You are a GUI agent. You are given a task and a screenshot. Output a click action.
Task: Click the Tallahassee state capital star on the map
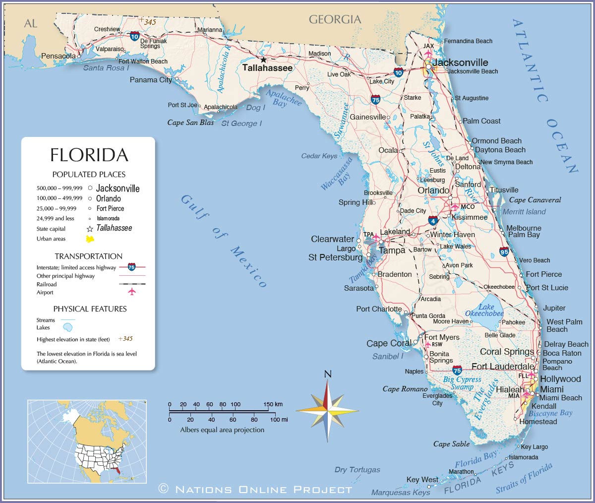click(263, 60)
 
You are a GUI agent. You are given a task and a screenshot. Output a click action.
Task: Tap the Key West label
click(422, 479)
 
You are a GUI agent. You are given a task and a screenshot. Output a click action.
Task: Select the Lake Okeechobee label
click(484, 310)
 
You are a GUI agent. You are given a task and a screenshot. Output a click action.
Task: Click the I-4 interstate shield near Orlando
click(433, 221)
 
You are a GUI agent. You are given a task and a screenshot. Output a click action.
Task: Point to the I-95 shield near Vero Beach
click(504, 251)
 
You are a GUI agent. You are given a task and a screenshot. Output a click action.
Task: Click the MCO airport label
click(467, 207)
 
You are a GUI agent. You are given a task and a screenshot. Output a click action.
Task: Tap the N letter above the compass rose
click(327, 374)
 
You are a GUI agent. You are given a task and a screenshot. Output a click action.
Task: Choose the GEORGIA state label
click(335, 19)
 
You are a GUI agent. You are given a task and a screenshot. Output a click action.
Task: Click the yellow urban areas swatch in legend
click(90, 239)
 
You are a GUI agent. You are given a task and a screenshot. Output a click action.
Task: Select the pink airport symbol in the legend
click(131, 292)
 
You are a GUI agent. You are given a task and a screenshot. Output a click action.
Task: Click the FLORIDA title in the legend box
click(89, 155)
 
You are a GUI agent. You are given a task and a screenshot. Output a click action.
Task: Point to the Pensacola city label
click(58, 56)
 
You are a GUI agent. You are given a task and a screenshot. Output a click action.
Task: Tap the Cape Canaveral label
click(535, 200)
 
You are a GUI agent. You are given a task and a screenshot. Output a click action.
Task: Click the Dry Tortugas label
click(357, 469)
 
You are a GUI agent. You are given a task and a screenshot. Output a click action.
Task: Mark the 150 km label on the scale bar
click(272, 404)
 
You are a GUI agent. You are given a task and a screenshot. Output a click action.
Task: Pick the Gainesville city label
click(367, 117)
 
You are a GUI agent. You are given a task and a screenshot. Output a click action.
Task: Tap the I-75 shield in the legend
click(131, 267)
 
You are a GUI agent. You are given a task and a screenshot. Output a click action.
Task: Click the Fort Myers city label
click(442, 337)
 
